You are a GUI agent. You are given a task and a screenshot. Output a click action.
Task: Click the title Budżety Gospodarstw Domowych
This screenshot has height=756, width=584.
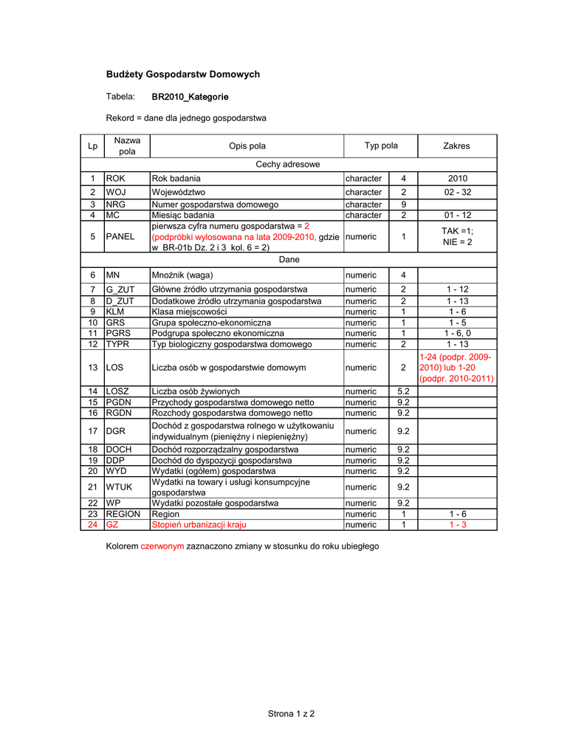pos(183,75)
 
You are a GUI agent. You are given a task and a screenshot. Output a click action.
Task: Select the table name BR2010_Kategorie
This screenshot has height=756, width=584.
pos(190,97)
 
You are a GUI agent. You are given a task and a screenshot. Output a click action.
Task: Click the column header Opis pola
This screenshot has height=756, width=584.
pos(247,146)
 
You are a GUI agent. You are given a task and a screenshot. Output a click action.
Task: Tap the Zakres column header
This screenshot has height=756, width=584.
pos(456,146)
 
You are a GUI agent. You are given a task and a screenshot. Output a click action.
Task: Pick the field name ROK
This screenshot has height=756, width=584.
pos(116,178)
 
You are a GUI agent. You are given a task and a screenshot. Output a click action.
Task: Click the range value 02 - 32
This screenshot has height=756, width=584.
pos(456,192)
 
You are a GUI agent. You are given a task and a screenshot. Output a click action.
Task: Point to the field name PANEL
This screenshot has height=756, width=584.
pos(120,237)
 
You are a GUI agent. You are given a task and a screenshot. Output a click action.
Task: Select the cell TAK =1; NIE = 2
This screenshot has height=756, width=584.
pos(457,237)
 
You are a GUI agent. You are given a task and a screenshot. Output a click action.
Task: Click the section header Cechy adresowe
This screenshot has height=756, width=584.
pos(288,164)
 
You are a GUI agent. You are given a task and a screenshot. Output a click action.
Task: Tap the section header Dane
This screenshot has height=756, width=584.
pos(288,260)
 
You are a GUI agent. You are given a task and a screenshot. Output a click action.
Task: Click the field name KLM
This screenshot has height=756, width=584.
pos(115,312)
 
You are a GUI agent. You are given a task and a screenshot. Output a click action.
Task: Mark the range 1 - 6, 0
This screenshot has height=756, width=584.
pos(457,333)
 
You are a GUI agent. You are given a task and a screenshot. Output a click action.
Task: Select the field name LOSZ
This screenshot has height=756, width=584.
pos(118,391)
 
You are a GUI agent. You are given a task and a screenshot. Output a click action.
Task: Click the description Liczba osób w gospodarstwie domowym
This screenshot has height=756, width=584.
pos(229,367)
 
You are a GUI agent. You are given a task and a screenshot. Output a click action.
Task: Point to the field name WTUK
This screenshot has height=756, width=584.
pos(119,487)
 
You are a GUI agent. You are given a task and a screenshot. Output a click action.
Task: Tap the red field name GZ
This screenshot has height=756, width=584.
pos(112,525)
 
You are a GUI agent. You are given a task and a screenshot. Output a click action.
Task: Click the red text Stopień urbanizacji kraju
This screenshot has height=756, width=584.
pos(199,525)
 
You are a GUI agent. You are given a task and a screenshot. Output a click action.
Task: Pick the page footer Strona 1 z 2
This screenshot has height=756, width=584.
pos(292,714)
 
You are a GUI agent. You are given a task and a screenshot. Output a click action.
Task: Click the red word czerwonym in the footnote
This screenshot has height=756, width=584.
pos(162,546)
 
